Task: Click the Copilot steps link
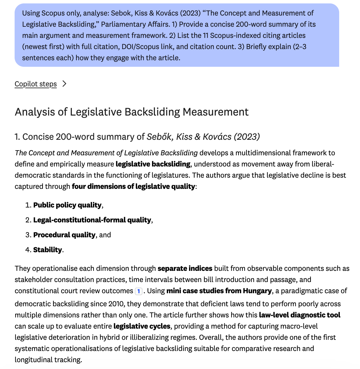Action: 35,84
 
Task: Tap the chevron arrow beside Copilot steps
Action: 64,84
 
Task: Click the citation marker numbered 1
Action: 139,291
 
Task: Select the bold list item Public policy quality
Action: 67,205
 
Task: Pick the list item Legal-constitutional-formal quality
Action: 92,220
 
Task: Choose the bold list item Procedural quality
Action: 64,235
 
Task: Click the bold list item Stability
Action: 47,250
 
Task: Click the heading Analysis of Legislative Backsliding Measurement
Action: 132,112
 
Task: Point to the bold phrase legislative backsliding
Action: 153,164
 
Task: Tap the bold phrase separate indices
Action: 185,268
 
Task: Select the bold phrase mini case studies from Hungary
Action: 219,291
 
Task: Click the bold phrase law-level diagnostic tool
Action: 299,315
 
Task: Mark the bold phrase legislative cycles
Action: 142,326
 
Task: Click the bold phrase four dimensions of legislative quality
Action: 133,186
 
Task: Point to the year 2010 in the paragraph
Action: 116,304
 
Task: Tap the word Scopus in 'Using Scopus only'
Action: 53,13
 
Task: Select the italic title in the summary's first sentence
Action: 106,153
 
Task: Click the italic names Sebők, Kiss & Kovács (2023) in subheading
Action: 203,137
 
